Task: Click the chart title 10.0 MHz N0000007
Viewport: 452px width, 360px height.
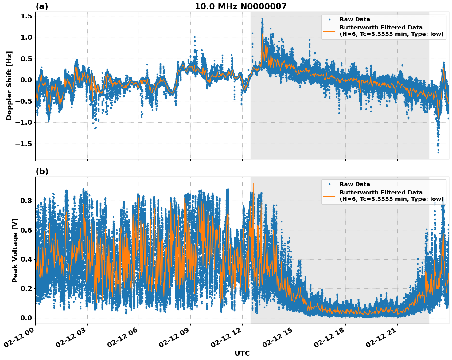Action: point(240,6)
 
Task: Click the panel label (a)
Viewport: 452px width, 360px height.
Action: point(42,6)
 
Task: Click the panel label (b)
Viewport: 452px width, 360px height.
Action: point(42,171)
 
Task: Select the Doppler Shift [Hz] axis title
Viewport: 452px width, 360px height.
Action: point(9,85)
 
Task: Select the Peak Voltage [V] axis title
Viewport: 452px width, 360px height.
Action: point(15,250)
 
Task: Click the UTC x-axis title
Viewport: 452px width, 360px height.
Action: point(242,353)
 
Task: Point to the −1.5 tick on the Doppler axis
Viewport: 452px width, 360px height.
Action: point(24,144)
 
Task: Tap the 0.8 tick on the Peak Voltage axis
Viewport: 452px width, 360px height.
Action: point(26,201)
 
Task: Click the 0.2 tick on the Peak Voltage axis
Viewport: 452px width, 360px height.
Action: point(26,288)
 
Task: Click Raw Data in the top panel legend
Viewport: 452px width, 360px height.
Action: point(355,19)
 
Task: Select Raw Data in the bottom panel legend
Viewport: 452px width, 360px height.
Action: point(355,184)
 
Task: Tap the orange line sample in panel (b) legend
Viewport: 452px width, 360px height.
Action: point(329,196)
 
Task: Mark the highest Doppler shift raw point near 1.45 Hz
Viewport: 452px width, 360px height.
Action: point(262,19)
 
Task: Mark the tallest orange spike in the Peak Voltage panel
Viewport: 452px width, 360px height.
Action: point(253,184)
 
